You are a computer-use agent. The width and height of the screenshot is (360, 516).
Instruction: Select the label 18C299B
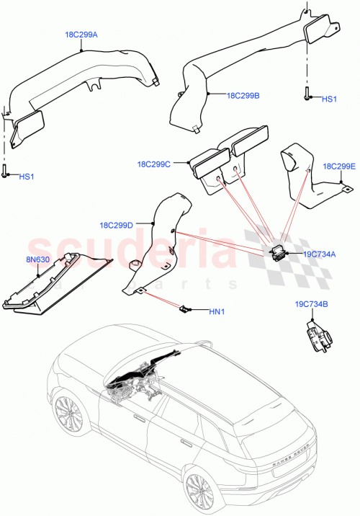243,94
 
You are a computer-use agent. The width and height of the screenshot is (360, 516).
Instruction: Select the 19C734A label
319,254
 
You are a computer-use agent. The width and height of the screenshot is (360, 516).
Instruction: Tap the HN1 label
217,311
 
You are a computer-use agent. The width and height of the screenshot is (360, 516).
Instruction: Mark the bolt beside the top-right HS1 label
308,94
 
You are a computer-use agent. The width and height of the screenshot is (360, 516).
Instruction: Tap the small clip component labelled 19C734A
276,250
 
